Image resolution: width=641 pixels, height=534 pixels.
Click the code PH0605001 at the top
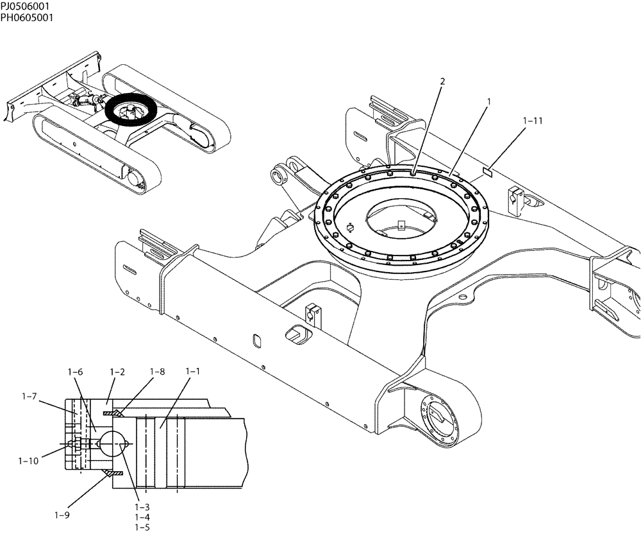click(26, 17)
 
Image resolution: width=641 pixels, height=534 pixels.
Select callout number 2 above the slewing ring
click(442, 81)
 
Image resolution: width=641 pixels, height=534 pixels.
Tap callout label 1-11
click(533, 120)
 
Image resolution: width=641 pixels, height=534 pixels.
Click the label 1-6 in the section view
click(76, 372)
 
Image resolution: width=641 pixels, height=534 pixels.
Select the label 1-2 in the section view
click(117, 372)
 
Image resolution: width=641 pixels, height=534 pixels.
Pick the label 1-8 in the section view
click(157, 372)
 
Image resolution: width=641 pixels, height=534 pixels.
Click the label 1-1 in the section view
click(193, 372)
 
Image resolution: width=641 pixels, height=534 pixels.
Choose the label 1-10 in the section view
click(29, 460)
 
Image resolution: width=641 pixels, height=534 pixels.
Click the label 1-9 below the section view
click(62, 515)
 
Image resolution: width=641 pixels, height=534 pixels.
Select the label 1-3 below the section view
click(142, 506)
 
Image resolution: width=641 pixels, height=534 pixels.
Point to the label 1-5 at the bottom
click(142, 527)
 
